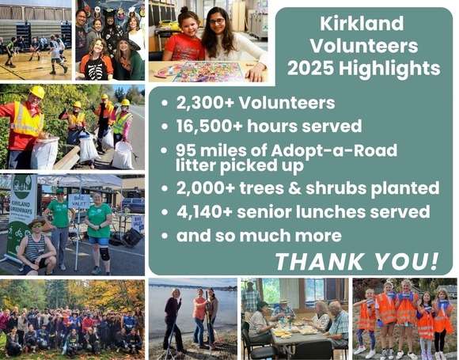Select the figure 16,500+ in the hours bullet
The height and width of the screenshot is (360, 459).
click(212, 126)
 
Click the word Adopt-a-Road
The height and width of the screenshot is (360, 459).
click(307, 150)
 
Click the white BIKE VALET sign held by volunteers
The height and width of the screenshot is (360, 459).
click(78, 200)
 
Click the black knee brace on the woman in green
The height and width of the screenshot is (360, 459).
click(104, 253)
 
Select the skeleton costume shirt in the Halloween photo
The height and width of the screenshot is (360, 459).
click(97, 66)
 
